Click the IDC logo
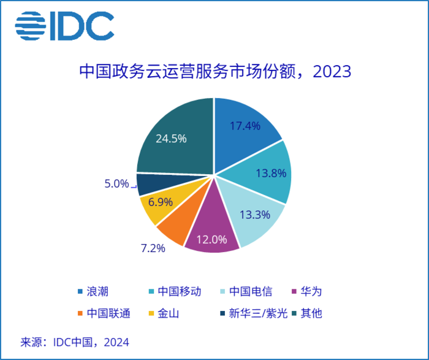coord(64,26)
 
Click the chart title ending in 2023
coord(215,72)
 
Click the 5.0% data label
coord(116,183)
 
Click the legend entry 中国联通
coord(104,313)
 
